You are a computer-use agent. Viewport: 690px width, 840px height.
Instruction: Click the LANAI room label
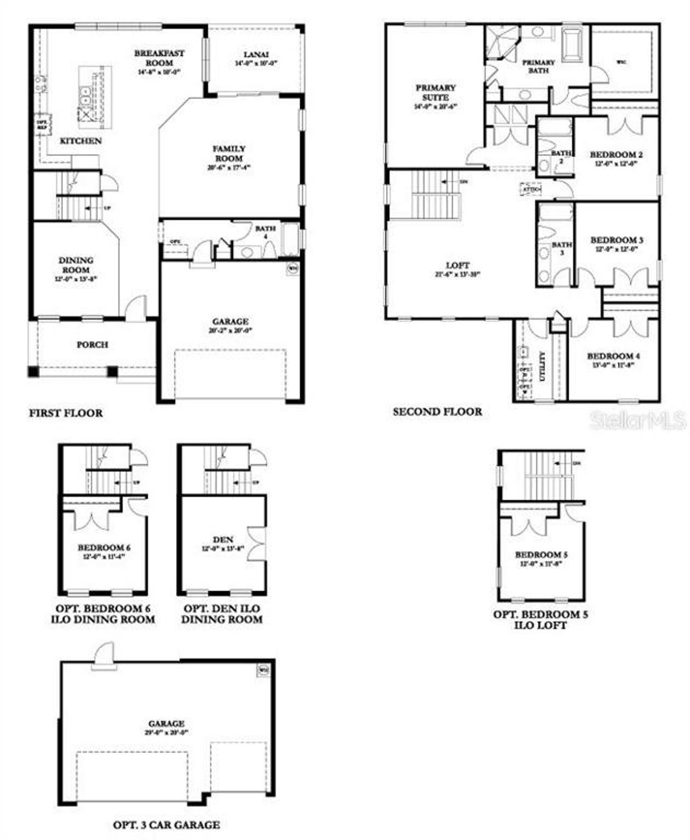pos(256,54)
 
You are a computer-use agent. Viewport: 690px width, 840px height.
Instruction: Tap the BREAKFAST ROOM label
pos(159,58)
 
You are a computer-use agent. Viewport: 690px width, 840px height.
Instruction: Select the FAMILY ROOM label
pos(229,154)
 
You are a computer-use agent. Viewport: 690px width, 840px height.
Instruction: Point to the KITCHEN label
pos(80,141)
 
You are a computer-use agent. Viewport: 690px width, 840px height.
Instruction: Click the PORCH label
pos(92,345)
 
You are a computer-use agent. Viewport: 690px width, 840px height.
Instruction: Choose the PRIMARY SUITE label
pos(436,92)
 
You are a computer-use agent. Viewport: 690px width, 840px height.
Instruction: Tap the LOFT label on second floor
pos(458,265)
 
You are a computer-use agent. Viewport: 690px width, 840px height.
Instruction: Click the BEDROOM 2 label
pos(616,155)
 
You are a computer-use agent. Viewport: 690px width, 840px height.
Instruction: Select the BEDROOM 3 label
pos(617,240)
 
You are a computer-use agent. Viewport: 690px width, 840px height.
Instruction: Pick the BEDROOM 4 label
pos(613,356)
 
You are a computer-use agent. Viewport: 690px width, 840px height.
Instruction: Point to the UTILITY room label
pos(542,367)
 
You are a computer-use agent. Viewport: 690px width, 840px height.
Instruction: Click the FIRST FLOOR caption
pos(66,414)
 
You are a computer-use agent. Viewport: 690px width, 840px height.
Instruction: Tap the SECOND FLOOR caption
pos(437,412)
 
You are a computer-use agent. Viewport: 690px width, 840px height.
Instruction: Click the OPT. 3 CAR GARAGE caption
pos(166,825)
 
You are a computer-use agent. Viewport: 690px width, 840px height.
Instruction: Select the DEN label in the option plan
pos(223,539)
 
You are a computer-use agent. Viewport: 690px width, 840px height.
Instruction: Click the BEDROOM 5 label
pos(541,555)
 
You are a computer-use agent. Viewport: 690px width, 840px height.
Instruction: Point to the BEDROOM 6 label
pos(104,548)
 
